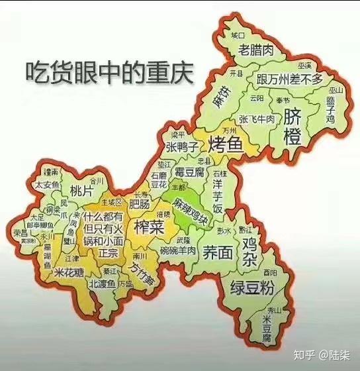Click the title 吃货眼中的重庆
click(x=109, y=72)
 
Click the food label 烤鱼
click(x=226, y=142)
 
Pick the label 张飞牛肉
click(x=257, y=119)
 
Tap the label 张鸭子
click(x=181, y=146)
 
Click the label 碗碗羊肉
click(x=178, y=251)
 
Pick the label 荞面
click(x=217, y=252)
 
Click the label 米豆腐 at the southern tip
click(x=267, y=329)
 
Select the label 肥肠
click(x=140, y=203)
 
